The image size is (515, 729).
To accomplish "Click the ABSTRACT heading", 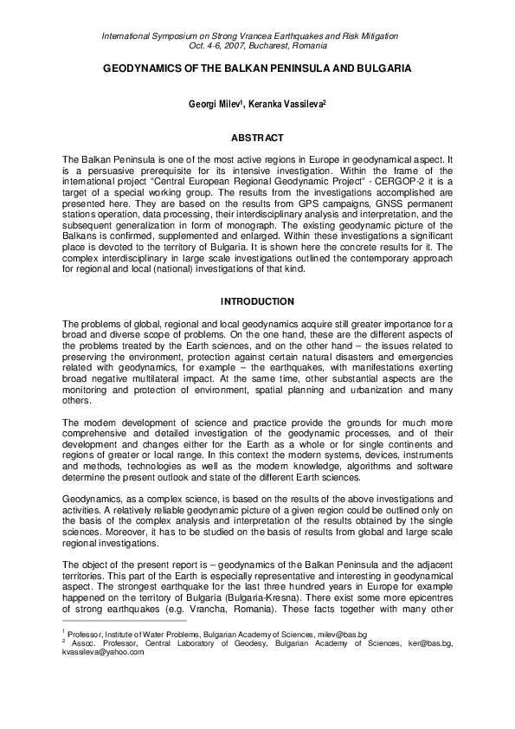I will (x=257, y=137).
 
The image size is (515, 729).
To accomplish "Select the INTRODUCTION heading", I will (x=257, y=301).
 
